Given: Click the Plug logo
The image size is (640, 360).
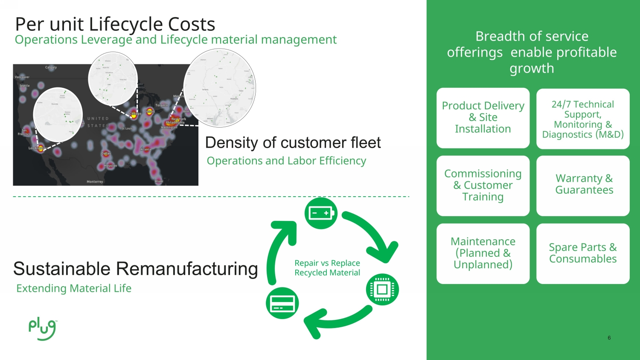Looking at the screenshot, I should point(42,329).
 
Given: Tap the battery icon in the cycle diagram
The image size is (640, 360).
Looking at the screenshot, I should point(321,213).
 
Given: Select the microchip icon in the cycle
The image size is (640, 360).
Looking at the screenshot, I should point(382,290).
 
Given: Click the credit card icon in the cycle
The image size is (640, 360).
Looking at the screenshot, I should point(282,304).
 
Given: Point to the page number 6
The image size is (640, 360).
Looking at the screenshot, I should point(609,338).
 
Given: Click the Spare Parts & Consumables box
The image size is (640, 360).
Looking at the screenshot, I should point(583,253).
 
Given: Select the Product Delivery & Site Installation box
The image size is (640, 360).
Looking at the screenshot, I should point(483,118).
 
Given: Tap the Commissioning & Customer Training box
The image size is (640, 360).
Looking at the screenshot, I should point(483,185).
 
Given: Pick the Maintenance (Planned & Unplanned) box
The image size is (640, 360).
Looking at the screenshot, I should point(483,253).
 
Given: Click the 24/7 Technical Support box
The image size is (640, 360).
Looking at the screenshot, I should point(583,119).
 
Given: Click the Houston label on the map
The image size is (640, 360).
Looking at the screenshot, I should point(110,165).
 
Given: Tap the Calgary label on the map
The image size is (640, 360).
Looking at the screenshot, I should point(51,67).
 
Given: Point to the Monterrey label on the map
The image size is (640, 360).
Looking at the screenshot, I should point(95,182).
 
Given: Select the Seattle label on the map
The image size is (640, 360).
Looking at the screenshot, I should point(25,86).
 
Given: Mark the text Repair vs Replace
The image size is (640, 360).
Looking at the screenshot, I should point(327,263).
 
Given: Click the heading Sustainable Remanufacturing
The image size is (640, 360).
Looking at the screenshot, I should point(136,269).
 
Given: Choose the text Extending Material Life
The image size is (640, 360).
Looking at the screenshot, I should point(74,288).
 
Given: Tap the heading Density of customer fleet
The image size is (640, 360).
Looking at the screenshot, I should point(293,142).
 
